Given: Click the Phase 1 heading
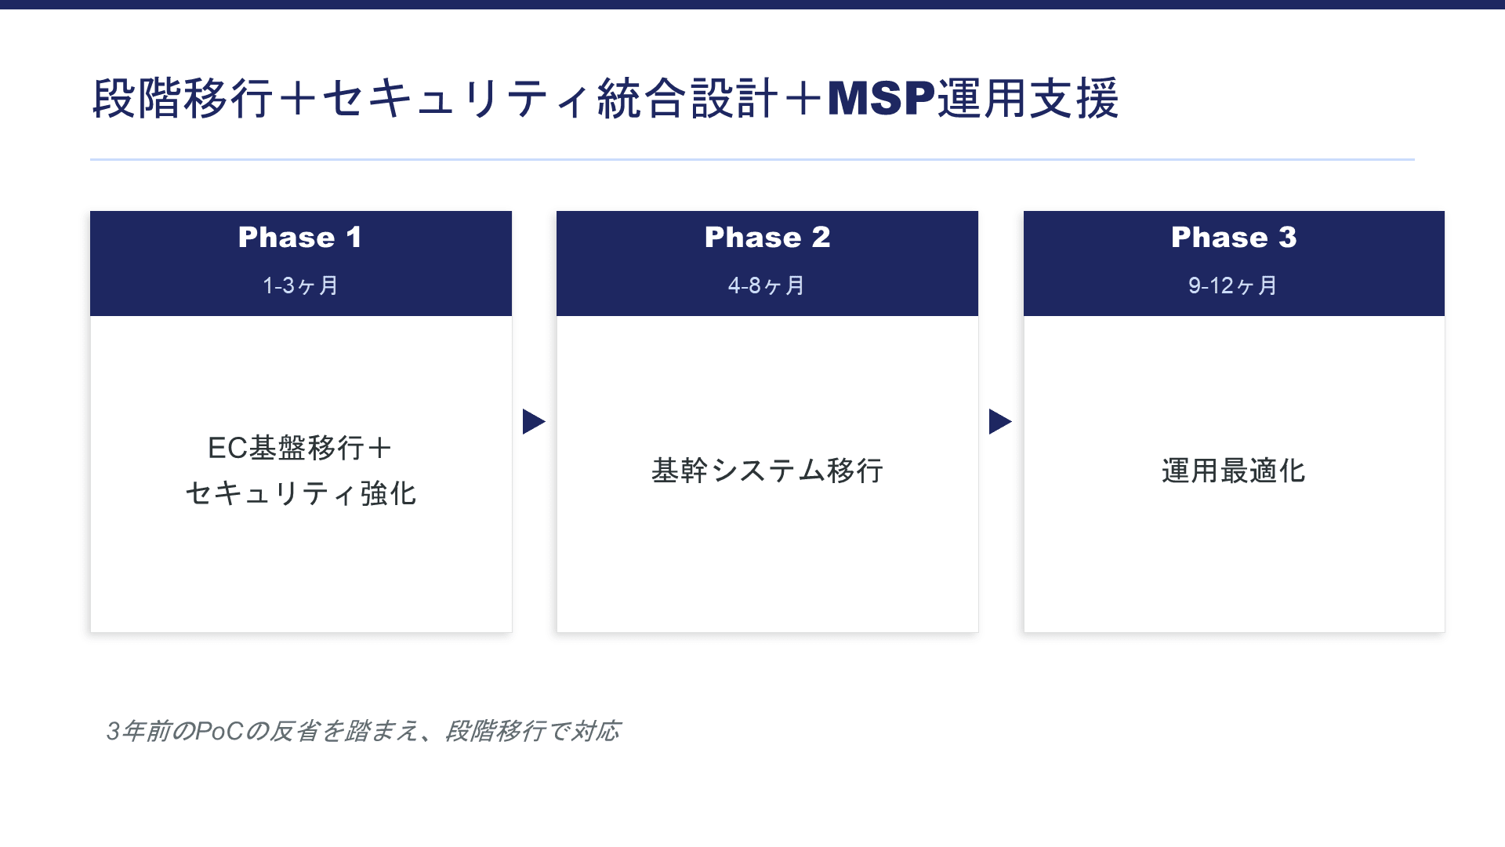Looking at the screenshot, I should pyautogui.click(x=300, y=238).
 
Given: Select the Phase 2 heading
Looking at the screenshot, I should pyautogui.click(x=767, y=238).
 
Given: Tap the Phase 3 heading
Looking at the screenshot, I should pyautogui.click(x=1234, y=238).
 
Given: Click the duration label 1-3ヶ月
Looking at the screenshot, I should pyautogui.click(x=300, y=285).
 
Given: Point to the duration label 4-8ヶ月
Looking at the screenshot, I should pyautogui.click(x=767, y=285).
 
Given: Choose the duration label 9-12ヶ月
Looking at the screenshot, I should pyautogui.click(x=1233, y=285).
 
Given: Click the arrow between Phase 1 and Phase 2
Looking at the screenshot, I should pyautogui.click(x=533, y=422).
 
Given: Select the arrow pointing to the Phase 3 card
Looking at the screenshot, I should pyautogui.click(x=999, y=422).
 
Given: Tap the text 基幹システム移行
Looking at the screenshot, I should pyautogui.click(x=767, y=471).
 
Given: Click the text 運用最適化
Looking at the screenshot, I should pyautogui.click(x=1233, y=471).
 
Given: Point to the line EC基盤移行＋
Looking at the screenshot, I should pyautogui.click(x=300, y=448).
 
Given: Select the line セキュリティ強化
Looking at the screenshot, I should pyautogui.click(x=300, y=493).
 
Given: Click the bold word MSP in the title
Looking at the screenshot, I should pyautogui.click(x=881, y=99).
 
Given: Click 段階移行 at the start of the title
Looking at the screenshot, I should pyautogui.click(x=183, y=99).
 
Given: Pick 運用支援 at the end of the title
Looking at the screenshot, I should pyautogui.click(x=1028, y=99).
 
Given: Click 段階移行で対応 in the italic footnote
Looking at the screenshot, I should pyautogui.click(x=532, y=731).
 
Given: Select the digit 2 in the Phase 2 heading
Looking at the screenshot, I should pyautogui.click(x=821, y=238).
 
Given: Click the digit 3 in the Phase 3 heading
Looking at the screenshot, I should pyautogui.click(x=1288, y=238).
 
